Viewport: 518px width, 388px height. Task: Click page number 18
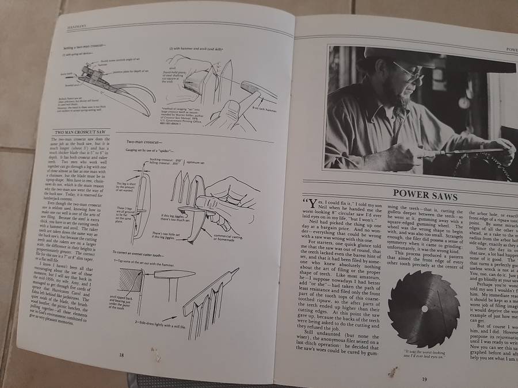[x=121, y=355]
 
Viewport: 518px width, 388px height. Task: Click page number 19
[x=424, y=378]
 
